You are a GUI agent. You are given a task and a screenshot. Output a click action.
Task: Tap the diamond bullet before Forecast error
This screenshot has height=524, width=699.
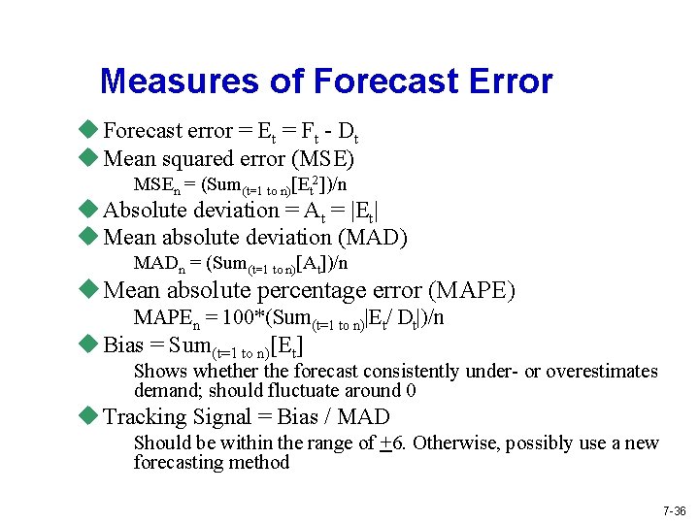[x=89, y=130]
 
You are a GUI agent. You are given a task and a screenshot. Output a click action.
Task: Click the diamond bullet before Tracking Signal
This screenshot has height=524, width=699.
[x=89, y=416]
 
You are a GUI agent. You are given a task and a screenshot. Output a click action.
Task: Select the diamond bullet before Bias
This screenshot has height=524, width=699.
[x=89, y=344]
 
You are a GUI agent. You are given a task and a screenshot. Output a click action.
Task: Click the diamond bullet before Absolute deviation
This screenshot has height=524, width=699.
[x=89, y=210]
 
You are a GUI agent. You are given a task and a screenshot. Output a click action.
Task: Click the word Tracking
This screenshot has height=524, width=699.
[x=144, y=417]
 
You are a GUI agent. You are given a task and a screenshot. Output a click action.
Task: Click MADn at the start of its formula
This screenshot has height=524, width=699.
[x=158, y=264]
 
